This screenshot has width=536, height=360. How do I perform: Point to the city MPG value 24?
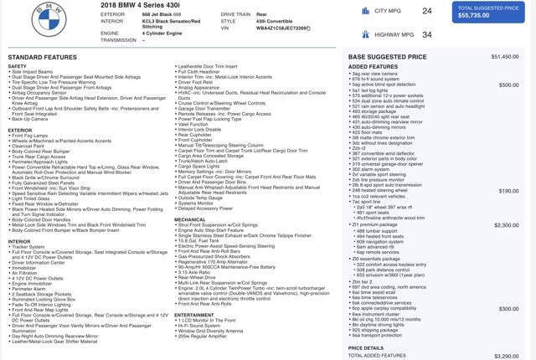427,11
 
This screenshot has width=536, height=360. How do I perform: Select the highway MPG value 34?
427,34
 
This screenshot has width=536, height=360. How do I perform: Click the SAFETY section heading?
18,66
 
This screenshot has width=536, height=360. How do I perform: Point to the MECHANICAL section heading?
190,219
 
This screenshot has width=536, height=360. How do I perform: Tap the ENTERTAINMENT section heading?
195,314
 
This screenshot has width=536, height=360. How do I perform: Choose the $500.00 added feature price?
508,85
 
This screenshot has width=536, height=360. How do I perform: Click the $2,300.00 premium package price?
506,224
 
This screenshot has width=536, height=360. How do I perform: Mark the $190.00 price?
508,190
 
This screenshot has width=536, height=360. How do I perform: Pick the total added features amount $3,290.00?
506,356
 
